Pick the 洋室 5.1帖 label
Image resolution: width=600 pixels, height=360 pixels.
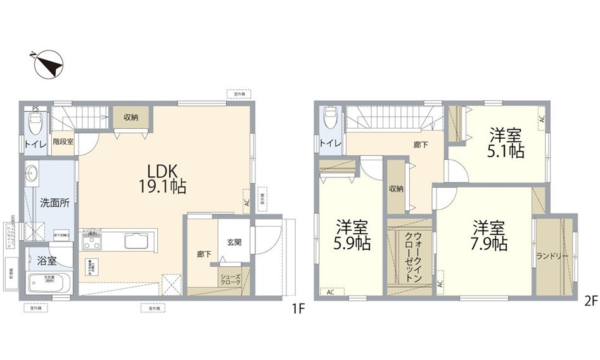[506, 143]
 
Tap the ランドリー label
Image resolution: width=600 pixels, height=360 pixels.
[552, 256]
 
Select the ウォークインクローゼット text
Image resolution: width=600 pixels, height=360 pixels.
[410, 257]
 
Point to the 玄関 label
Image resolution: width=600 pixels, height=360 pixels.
[233, 242]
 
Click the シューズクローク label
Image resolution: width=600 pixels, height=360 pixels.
[230, 280]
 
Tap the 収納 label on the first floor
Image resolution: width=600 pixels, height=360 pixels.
[131, 117]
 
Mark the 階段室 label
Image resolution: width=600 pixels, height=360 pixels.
[63, 141]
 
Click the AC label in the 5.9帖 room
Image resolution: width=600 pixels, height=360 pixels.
[331, 292]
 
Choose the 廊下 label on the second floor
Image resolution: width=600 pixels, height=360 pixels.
[420, 145]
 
